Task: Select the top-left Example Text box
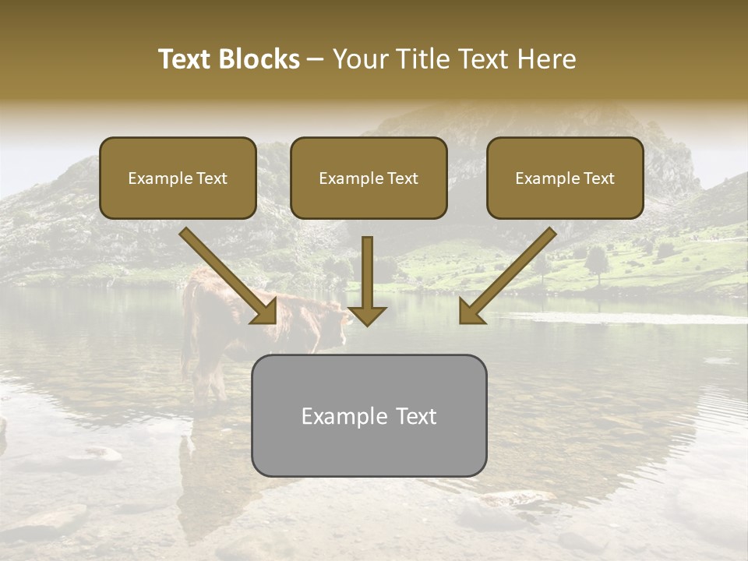pyautogui.click(x=178, y=178)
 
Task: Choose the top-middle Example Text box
pyautogui.click(x=369, y=178)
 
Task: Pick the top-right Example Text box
pyautogui.click(x=565, y=178)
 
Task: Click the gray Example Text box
pyautogui.click(x=369, y=415)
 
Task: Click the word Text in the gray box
pyautogui.click(x=415, y=416)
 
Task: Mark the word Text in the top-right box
pyautogui.click(x=599, y=178)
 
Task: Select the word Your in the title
pyautogui.click(x=355, y=59)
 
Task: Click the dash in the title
pyautogui.click(x=315, y=60)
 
